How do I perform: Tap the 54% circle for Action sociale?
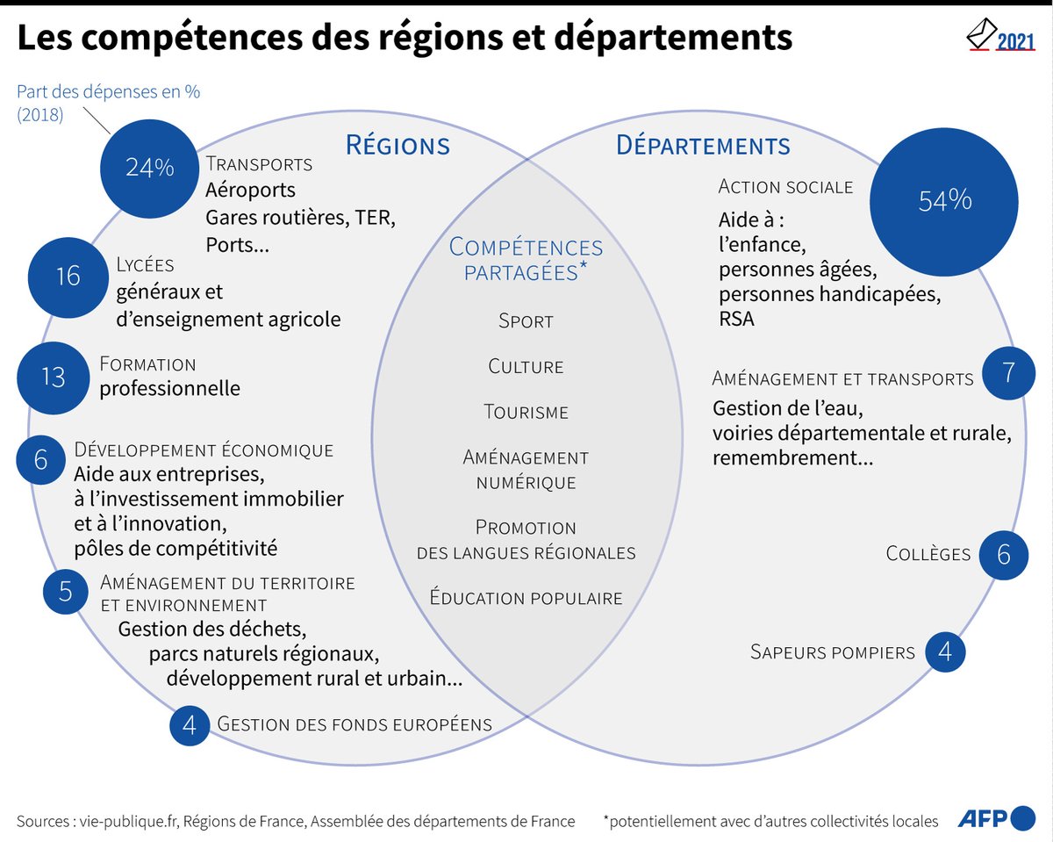tap(944, 201)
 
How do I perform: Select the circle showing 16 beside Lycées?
tap(68, 277)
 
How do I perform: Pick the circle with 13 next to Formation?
tap(54, 377)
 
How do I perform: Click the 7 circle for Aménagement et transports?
tap(1007, 373)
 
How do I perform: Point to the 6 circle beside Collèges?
tap(1004, 554)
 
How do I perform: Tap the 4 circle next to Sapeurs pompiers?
tap(945, 651)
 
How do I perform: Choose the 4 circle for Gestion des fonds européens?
tap(190, 724)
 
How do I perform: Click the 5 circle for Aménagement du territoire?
tap(66, 591)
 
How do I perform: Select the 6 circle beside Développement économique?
tap(40, 459)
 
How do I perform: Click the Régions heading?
tap(398, 145)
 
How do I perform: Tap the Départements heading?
tap(703, 145)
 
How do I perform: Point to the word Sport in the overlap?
tap(526, 321)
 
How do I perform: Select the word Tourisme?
tap(526, 412)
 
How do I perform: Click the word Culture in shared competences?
tap(526, 366)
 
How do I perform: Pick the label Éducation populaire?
tap(526, 598)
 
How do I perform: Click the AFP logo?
tap(995, 818)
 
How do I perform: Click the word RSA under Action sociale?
tap(736, 319)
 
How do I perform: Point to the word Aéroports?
tap(250, 190)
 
